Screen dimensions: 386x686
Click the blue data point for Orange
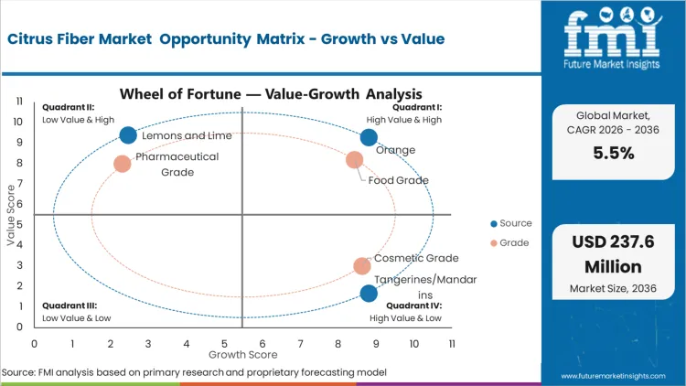pyautogui.click(x=369, y=137)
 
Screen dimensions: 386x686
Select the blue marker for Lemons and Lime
pyautogui.click(x=128, y=135)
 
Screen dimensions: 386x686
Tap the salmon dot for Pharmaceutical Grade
pyautogui.click(x=123, y=164)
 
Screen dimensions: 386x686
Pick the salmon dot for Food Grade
pyautogui.click(x=355, y=160)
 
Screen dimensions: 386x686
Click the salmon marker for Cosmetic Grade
pyautogui.click(x=362, y=266)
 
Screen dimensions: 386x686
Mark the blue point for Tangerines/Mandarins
pyautogui.click(x=369, y=294)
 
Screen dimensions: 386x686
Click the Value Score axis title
pyautogui.click(x=11, y=216)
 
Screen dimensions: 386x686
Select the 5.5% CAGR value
pyautogui.click(x=613, y=154)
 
